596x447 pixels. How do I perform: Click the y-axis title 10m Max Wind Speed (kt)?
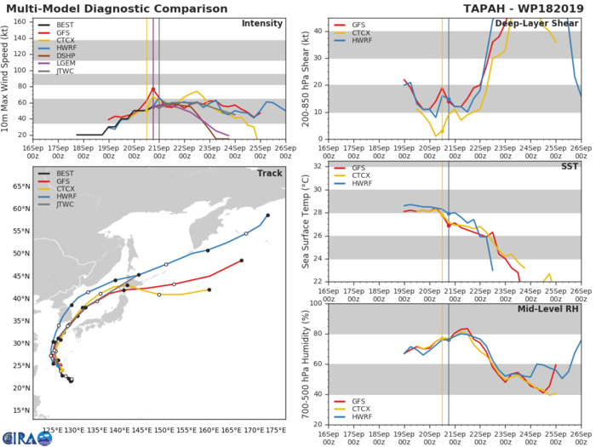tap(7, 77)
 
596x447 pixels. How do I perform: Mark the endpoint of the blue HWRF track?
tap(267, 215)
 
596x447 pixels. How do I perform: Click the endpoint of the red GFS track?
tap(242, 261)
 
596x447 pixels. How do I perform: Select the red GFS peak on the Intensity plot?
tap(153, 88)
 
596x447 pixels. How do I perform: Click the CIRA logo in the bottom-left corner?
tap(27, 438)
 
